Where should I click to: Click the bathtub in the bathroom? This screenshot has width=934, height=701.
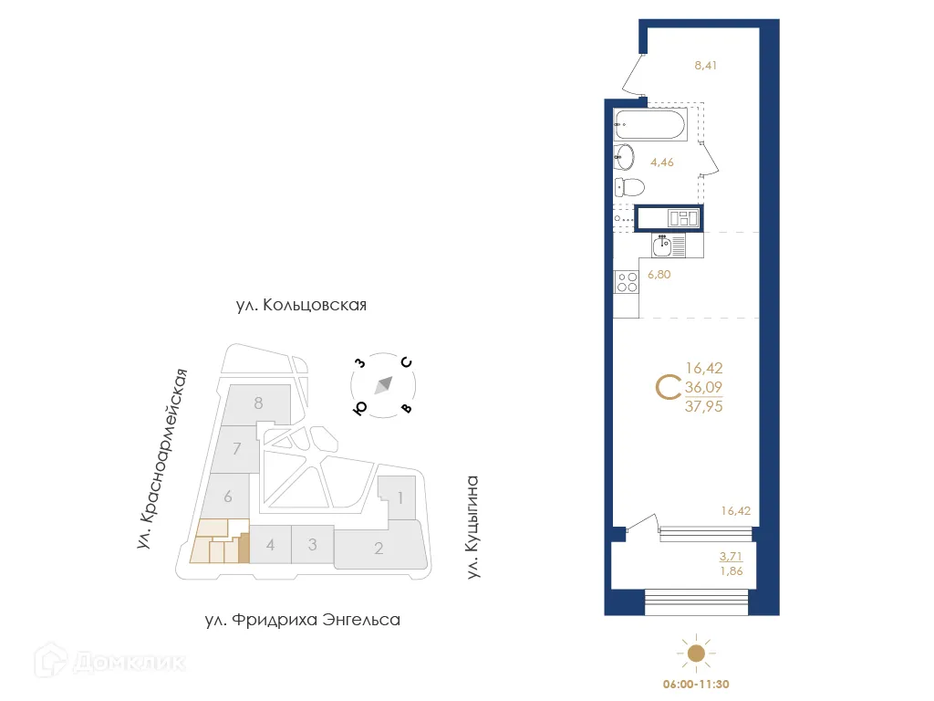(x=650, y=124)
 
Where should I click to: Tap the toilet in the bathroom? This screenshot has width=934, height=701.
(x=630, y=188)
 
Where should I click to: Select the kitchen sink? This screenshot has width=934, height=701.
(x=663, y=244)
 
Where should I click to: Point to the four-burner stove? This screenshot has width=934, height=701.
(x=627, y=283)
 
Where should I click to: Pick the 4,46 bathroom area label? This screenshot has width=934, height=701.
(x=661, y=163)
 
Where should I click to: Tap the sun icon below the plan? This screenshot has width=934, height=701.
(x=696, y=653)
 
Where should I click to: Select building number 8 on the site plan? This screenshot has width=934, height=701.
(x=259, y=403)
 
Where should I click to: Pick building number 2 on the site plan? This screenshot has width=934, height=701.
(x=379, y=549)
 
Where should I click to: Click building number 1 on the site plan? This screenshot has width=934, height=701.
(x=399, y=498)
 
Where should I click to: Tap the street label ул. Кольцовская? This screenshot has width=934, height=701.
(x=300, y=305)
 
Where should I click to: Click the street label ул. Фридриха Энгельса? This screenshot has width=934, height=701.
(x=302, y=621)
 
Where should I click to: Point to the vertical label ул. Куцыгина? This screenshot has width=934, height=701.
(x=472, y=528)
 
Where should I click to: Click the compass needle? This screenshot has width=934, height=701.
(x=383, y=384)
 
